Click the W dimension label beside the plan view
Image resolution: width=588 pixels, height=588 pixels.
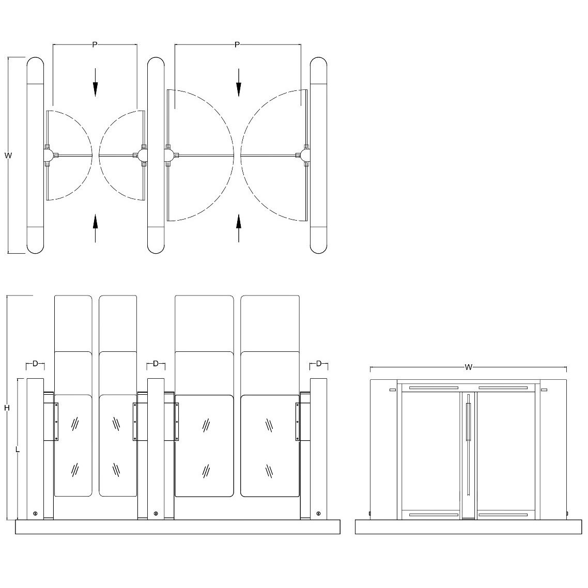click(8, 155)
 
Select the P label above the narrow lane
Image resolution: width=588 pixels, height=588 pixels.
click(95, 45)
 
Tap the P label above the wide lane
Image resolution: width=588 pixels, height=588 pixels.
click(237, 45)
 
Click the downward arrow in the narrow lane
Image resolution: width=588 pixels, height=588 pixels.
click(95, 82)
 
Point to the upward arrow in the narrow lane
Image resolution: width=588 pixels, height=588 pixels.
click(95, 228)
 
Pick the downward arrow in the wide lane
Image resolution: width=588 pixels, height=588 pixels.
click(239, 82)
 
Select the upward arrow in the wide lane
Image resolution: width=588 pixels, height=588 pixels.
click(239, 228)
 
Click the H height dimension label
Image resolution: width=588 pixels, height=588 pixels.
click(7, 408)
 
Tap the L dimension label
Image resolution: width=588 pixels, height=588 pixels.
click(18, 449)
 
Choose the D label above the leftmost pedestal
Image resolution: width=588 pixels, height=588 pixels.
click(35, 363)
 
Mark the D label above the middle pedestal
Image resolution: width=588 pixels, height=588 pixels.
click(156, 363)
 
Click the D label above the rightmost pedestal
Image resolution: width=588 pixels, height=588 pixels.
click(319, 363)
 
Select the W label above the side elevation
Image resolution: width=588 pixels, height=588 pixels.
click(468, 367)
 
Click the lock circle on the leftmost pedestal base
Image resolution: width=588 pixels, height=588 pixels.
click(35, 514)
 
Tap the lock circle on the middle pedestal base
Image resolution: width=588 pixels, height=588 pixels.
click(156, 514)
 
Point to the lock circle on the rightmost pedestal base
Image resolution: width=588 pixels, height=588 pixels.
click(318, 514)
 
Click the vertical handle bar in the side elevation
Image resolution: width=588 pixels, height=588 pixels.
click(468, 422)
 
